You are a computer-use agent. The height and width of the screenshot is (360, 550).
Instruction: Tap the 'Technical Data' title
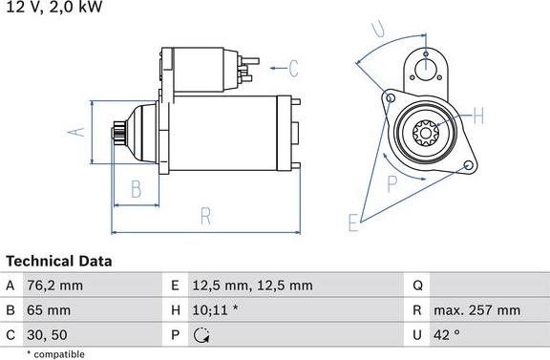59,261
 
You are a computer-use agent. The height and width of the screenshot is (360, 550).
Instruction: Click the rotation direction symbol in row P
201,335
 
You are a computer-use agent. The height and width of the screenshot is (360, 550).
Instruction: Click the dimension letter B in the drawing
136,188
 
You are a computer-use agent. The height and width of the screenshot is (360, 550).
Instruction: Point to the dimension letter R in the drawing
204,216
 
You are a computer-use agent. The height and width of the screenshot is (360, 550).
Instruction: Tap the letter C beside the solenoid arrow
293,68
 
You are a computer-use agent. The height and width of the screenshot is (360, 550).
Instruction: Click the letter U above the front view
379,29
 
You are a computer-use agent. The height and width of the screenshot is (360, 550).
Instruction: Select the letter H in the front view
478,116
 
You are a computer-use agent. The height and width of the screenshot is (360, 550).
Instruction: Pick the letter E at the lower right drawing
353,223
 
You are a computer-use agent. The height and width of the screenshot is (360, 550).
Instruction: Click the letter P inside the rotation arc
391,181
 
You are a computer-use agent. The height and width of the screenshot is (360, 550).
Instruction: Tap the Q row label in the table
418,286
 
